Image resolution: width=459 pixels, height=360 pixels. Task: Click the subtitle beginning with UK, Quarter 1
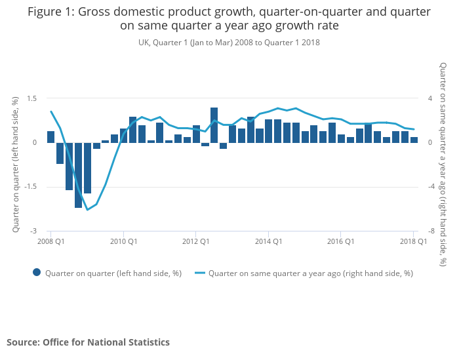[x=229, y=42]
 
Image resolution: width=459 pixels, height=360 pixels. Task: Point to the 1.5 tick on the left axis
[x=31, y=98]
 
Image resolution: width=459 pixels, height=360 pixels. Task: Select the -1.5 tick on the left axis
[x=30, y=187]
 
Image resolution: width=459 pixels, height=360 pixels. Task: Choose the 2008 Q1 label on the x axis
[x=50, y=241]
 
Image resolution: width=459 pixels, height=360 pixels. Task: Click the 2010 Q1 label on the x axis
[x=123, y=241]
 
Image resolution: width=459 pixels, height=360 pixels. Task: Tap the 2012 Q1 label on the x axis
[x=195, y=241]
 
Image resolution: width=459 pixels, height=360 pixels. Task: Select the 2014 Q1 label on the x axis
[x=268, y=241]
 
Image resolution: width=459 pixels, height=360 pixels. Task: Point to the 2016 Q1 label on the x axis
[x=341, y=241]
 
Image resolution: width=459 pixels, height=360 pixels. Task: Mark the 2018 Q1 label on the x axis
[x=413, y=241]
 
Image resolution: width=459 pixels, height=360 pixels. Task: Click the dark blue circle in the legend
[x=37, y=273]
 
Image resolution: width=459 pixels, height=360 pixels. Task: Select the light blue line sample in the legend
[x=198, y=273]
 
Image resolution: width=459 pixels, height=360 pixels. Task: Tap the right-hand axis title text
[x=444, y=165]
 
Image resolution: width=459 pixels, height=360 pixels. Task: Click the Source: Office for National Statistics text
[x=88, y=342]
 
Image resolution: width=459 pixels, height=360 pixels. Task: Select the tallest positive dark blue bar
[x=214, y=125]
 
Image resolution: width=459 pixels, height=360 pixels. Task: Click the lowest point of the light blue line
[x=87, y=210]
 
